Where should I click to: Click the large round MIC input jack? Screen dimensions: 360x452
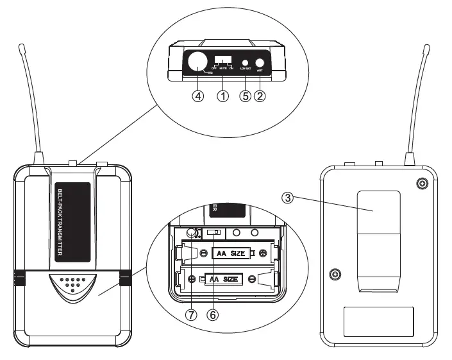(x=197, y=62)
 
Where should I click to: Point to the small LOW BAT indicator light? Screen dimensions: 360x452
(x=246, y=62)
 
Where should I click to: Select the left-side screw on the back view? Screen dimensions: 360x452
(x=333, y=275)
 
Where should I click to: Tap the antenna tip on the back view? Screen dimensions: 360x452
(x=426, y=48)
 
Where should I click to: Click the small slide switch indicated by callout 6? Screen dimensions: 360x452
(x=215, y=232)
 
